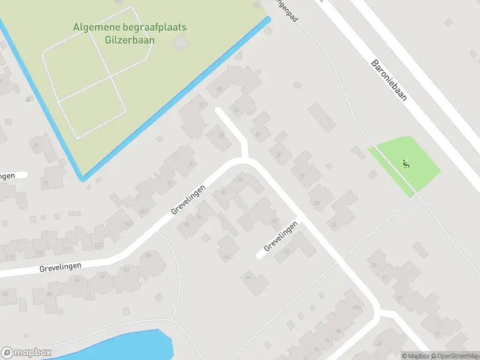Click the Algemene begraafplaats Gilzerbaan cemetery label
point(130,34)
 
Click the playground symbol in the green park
point(406,163)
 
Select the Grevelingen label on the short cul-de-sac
point(281,236)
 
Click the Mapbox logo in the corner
point(26,353)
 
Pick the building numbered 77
point(302,176)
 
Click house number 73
point(334,224)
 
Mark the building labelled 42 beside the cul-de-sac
point(286,251)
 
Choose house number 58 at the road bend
point(148,256)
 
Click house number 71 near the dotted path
point(374,265)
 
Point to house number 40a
point(357,308)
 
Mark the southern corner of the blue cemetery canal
point(82,179)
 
